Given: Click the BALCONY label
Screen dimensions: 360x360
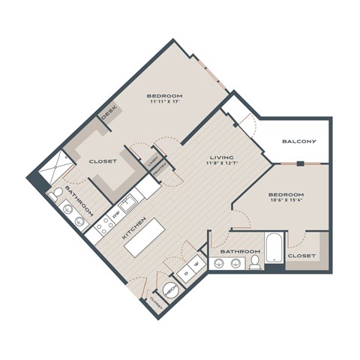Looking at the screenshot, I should click(x=299, y=142).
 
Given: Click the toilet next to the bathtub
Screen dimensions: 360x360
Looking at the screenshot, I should click(x=255, y=261).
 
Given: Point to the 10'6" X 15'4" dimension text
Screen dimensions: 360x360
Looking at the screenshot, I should click(x=287, y=203).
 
